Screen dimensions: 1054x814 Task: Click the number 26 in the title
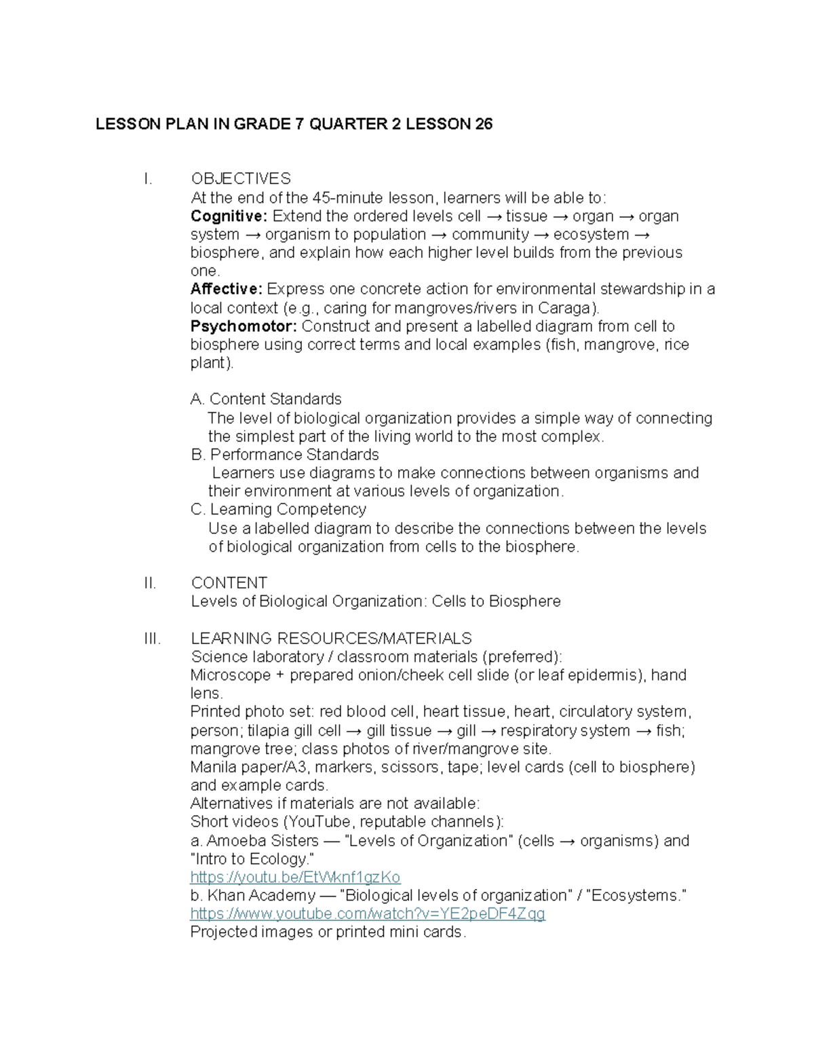pos(483,124)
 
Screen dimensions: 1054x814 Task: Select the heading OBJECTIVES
pos(241,178)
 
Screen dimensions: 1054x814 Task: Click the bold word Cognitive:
pos(229,216)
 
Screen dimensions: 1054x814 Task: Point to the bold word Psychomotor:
pos(244,326)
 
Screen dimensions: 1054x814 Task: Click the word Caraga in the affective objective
pos(573,308)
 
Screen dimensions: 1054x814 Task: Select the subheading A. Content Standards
pos(266,399)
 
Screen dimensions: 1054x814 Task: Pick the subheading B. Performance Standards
pos(285,454)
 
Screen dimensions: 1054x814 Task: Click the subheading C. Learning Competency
pos(278,509)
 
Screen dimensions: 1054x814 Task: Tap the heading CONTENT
pos(229,583)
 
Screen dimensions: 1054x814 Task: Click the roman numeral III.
pos(152,639)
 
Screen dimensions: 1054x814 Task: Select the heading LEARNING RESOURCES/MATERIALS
pos(331,639)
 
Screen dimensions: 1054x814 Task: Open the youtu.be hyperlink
pos(295,877)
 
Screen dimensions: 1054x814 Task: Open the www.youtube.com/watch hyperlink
pos(368,914)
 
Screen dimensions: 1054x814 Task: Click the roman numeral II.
pos(150,583)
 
